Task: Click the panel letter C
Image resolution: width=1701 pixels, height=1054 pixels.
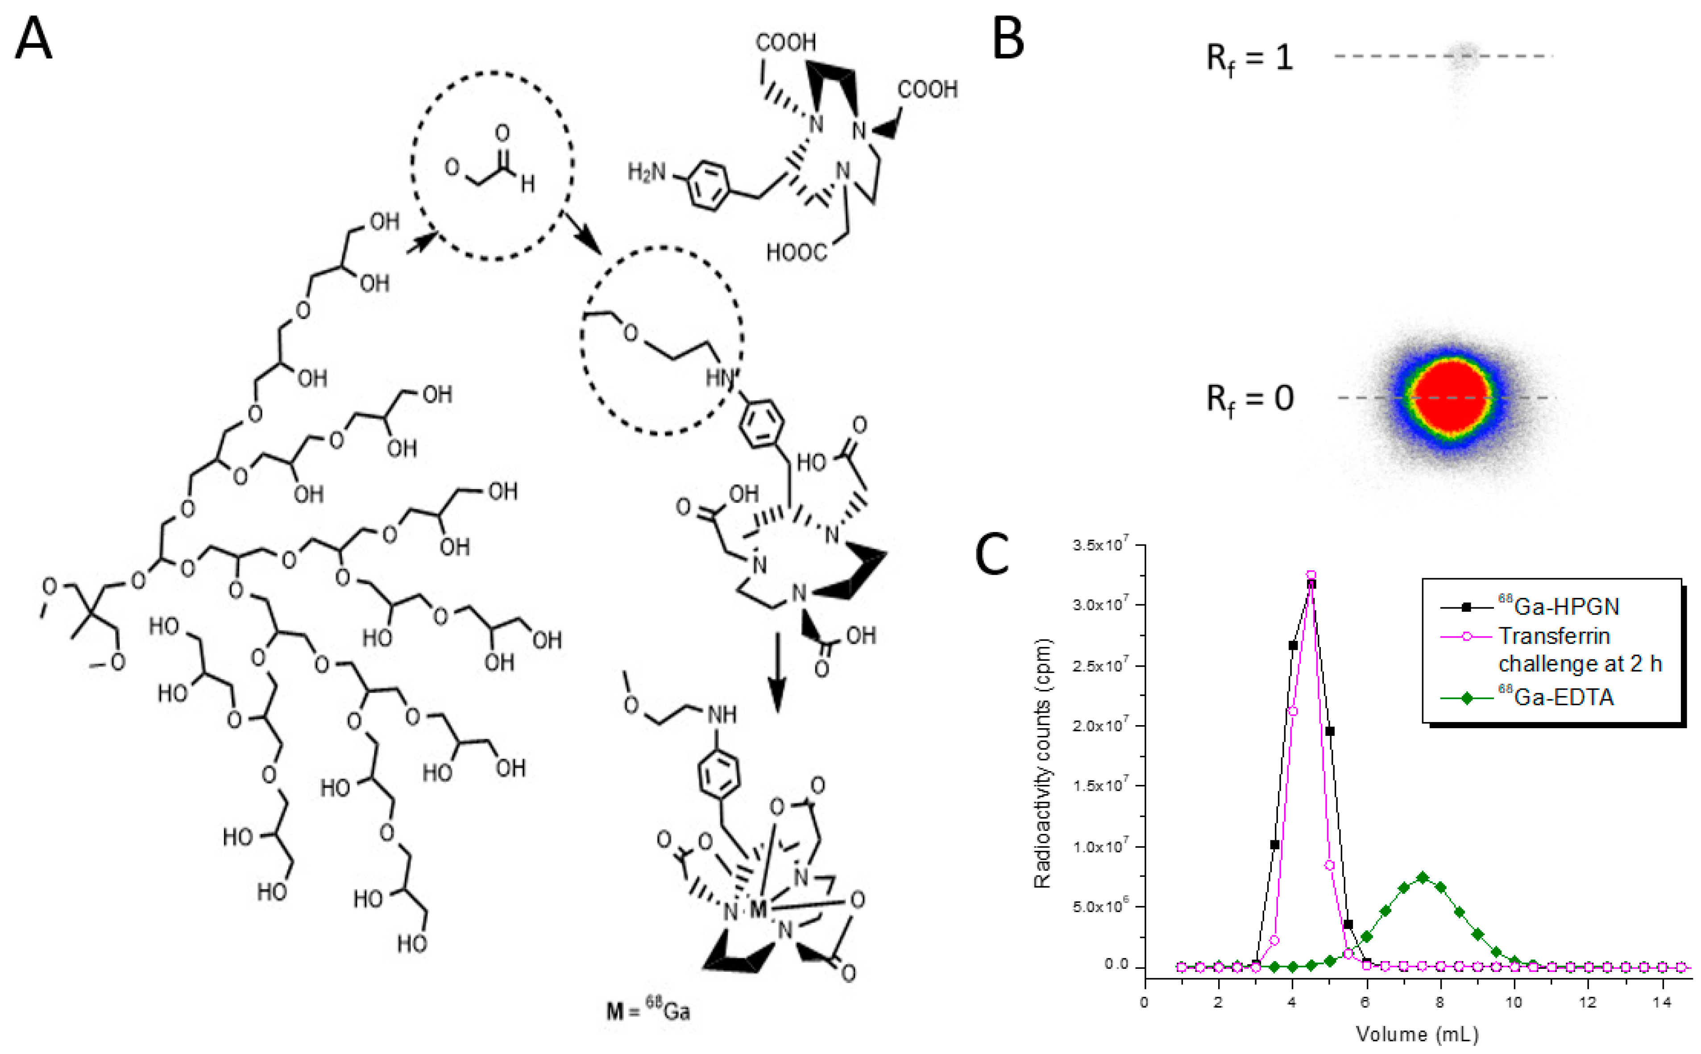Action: (992, 554)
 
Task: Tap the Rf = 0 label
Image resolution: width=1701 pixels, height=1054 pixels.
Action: (1249, 399)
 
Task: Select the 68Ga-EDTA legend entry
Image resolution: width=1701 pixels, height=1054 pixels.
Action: (1556, 697)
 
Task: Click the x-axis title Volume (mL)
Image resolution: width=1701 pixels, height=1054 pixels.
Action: (1417, 1034)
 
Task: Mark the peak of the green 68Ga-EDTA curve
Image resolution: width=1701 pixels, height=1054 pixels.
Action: (1422, 877)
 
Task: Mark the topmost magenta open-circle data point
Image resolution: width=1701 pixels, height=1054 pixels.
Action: (1311, 575)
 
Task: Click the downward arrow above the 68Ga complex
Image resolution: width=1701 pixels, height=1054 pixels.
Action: (776, 672)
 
